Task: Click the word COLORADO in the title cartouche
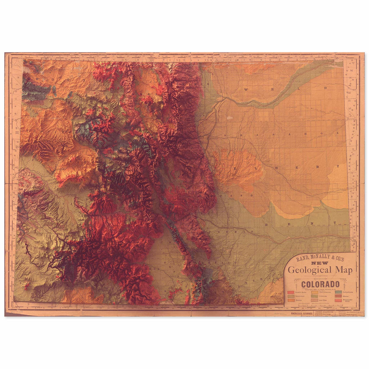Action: click(x=320, y=284)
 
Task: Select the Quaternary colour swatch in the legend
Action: click(x=291, y=296)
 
